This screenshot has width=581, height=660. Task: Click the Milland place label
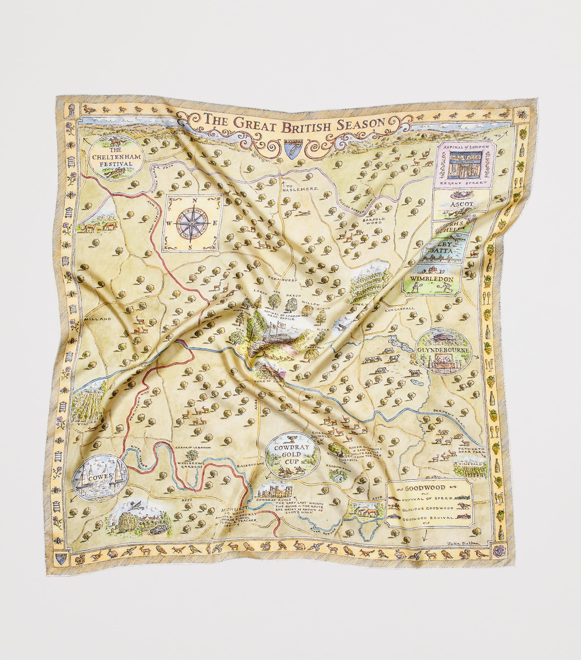(x=98, y=319)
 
